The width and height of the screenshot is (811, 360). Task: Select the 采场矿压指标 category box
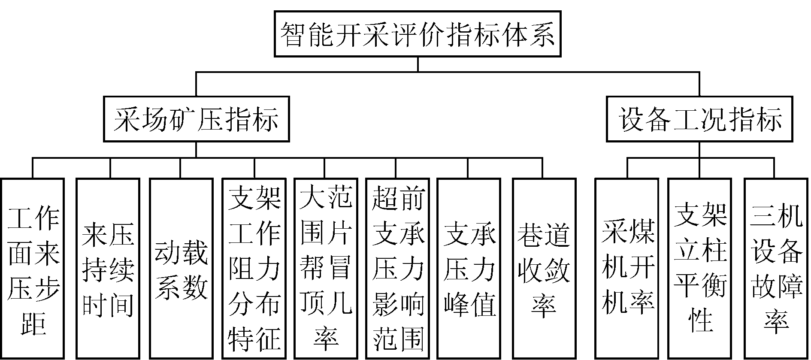click(197, 119)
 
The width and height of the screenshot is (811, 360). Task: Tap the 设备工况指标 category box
click(699, 119)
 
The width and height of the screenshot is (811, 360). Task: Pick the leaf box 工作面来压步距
click(33, 269)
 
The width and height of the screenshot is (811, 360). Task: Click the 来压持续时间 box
click(108, 269)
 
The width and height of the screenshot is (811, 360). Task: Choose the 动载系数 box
click(181, 269)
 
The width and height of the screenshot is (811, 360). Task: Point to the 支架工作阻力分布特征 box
click(254, 269)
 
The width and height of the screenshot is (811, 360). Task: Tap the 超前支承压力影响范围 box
click(397, 269)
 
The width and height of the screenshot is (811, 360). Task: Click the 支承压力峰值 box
click(469, 269)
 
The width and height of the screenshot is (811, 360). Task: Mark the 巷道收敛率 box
click(544, 269)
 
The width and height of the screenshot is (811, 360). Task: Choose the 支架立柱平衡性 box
click(700, 269)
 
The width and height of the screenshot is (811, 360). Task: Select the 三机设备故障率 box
click(775, 269)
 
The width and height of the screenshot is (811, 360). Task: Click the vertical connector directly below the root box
click(418, 64)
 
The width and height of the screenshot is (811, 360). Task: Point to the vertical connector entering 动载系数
click(180, 168)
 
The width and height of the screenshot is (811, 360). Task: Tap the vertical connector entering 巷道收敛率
click(542, 168)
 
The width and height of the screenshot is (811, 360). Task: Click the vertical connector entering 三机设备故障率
click(775, 168)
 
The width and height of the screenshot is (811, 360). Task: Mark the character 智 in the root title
click(294, 34)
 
